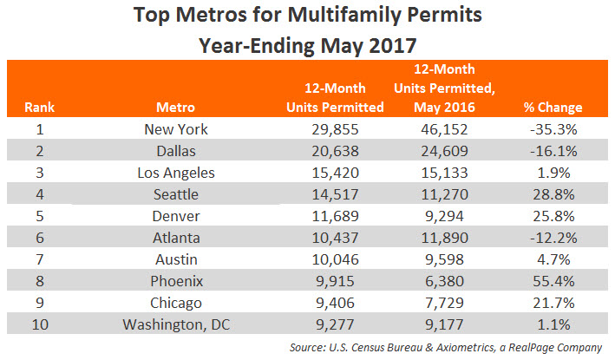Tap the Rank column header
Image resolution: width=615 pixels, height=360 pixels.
39,107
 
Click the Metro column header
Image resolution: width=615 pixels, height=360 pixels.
176,107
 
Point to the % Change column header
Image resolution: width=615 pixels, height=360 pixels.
553,107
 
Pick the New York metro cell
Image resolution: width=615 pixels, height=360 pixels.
176,129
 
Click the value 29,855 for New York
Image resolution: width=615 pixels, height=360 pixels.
336,129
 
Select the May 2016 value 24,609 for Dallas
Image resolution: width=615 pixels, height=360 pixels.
444,151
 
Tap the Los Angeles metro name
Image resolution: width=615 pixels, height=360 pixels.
176,173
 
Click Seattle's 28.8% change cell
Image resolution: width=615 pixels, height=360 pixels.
553,194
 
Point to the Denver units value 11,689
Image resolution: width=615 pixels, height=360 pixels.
336,216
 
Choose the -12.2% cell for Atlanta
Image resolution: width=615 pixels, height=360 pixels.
553,238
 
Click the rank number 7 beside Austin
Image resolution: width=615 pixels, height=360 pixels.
40,259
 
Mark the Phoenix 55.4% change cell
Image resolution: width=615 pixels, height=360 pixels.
553,281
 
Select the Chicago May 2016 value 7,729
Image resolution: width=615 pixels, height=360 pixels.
444,303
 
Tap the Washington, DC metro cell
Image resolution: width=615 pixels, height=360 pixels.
176,324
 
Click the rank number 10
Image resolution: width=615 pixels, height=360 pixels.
40,324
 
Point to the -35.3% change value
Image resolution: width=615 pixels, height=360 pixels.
553,129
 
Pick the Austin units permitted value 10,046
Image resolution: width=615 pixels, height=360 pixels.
336,259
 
